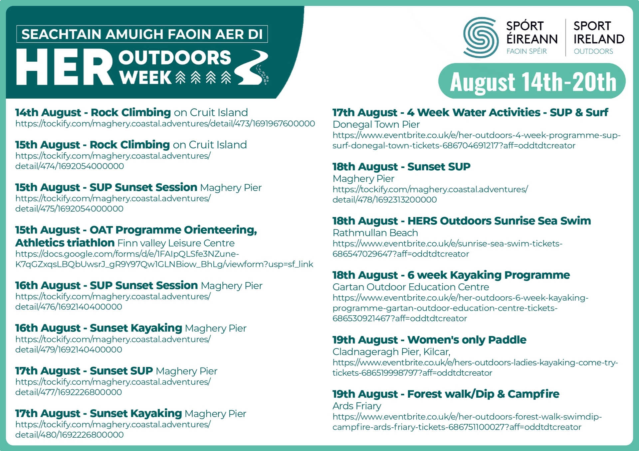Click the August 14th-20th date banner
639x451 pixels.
click(x=532, y=81)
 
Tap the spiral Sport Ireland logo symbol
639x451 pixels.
click(x=481, y=37)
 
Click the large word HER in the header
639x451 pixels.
click(x=65, y=67)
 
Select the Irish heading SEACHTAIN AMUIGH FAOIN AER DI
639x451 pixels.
click(x=142, y=34)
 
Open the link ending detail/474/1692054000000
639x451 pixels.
click(x=113, y=161)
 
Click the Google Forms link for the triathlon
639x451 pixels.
click(x=164, y=259)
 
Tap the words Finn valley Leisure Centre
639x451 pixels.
click(x=176, y=243)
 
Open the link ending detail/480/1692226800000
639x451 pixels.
click(x=113, y=429)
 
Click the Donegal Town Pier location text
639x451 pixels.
click(x=376, y=124)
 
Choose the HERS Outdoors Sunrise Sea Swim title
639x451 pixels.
click(x=462, y=221)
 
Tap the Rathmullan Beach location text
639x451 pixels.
click(x=375, y=233)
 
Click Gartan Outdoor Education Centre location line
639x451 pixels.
click(x=411, y=287)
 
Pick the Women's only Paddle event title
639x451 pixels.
click(x=429, y=340)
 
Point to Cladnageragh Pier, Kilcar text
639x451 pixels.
click(x=391, y=352)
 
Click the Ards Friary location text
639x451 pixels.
click(x=357, y=406)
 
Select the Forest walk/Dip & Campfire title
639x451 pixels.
click(x=446, y=394)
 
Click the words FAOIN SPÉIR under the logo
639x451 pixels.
click(x=527, y=51)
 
